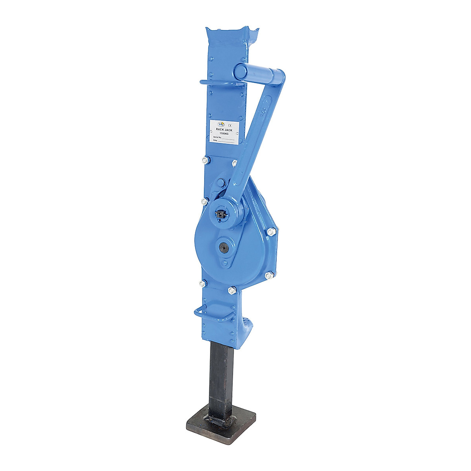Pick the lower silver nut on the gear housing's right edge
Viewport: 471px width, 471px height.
click(x=268, y=276)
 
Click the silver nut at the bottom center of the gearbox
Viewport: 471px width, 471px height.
click(x=231, y=290)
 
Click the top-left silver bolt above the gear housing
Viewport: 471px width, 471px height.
click(x=204, y=160)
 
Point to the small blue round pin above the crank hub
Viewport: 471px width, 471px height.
click(x=220, y=183)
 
